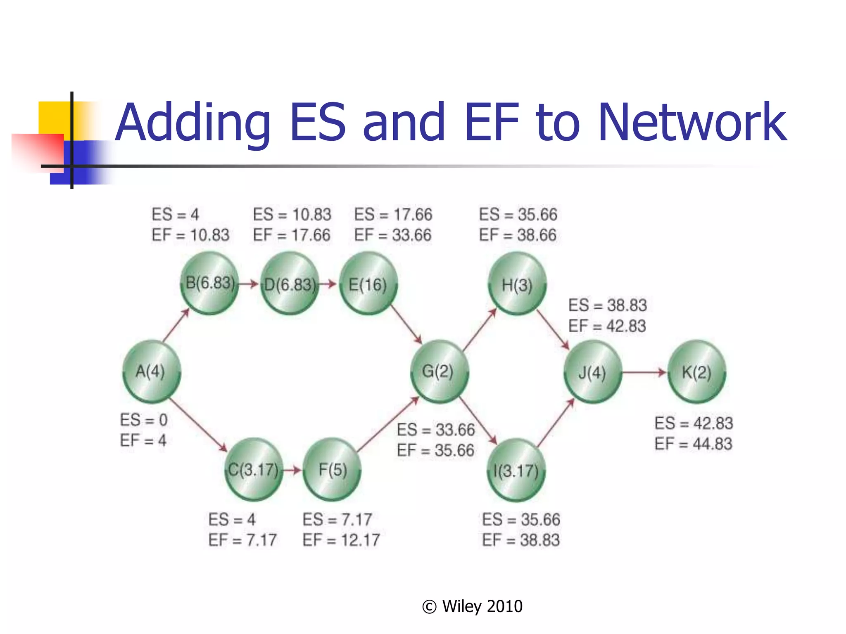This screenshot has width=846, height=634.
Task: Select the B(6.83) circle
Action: pyautogui.click(x=210, y=284)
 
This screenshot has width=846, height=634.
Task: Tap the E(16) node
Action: pyautogui.click(x=368, y=284)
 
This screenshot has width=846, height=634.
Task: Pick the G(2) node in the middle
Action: pyautogui.click(x=439, y=371)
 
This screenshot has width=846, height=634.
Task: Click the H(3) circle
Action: pyautogui.click(x=517, y=284)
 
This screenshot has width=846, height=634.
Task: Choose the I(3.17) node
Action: pyautogui.click(x=516, y=470)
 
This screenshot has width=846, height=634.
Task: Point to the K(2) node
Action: pyautogui.click(x=696, y=372)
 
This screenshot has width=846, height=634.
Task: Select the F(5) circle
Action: pyautogui.click(x=332, y=470)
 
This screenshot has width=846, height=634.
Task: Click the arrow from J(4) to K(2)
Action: pyautogui.click(x=644, y=372)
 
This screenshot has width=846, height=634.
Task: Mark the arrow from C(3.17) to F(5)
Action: pyautogui.click(x=292, y=470)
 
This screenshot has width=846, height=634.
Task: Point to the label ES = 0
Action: pyautogui.click(x=144, y=420)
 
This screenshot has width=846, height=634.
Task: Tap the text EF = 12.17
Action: pyautogui.click(x=341, y=540)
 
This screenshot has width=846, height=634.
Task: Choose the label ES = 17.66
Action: pyautogui.click(x=393, y=215)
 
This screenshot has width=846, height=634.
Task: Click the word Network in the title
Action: pyautogui.click(x=692, y=123)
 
